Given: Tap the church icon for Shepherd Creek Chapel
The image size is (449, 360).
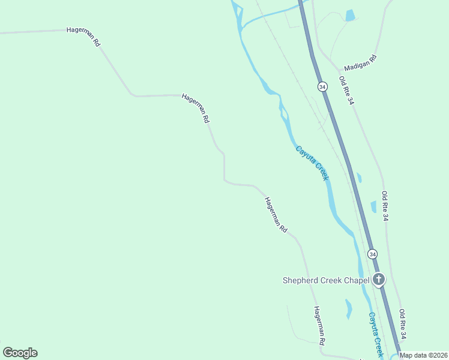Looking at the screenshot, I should (x=379, y=279).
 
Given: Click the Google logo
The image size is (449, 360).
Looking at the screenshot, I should (x=20, y=353).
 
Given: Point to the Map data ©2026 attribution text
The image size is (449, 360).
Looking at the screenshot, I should (x=424, y=355).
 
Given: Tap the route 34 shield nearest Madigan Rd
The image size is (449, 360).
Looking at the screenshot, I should (x=323, y=87).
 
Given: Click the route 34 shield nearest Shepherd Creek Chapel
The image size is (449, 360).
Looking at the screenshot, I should (x=373, y=254).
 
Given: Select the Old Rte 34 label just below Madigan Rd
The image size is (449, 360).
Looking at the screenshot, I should (x=346, y=91).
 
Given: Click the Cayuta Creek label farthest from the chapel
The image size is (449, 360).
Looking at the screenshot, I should (x=312, y=163).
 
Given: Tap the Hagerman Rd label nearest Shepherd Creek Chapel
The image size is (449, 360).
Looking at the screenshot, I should (x=319, y=325).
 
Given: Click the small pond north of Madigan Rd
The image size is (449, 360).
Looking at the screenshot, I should (x=350, y=15).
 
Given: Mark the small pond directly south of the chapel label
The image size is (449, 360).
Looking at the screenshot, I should (x=348, y=309).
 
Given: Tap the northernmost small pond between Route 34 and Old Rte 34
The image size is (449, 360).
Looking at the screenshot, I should (x=359, y=177).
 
